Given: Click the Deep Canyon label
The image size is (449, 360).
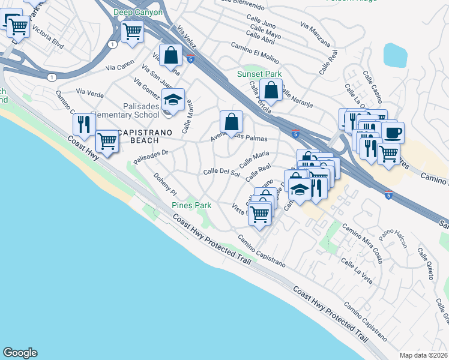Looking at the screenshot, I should [138, 12].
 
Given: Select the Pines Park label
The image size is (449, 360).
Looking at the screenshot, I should [191, 205].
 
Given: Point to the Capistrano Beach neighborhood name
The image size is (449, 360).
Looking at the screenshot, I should [138, 136].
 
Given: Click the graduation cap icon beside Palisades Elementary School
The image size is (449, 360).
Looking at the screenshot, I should [173, 100].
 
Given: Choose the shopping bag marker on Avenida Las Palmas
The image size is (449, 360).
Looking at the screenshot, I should [231, 122].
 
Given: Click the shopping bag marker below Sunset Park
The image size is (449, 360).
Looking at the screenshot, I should [272, 91].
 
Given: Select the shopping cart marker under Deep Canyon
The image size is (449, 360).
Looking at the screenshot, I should [132, 30].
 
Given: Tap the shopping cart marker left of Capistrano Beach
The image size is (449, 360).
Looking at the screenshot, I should [107, 142].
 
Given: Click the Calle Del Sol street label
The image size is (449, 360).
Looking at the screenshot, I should [221, 173].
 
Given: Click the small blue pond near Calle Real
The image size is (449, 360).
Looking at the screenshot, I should [395, 55].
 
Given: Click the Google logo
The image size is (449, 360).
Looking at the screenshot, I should [20, 353].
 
